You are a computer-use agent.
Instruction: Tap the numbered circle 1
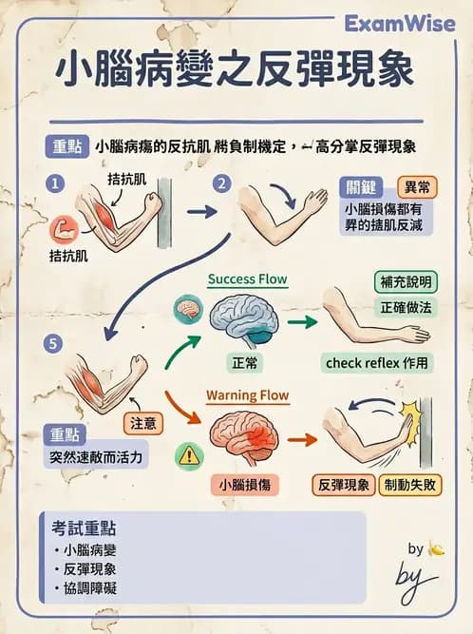pyautogui.click(x=58, y=182)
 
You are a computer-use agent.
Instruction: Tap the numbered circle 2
pyautogui.click(x=222, y=183)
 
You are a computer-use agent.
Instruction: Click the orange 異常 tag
pyautogui.click(x=416, y=186)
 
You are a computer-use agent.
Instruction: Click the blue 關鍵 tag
pyautogui.click(x=365, y=186)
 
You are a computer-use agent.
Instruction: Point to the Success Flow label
pyautogui.click(x=247, y=279)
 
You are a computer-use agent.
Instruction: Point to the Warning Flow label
pyautogui.click(x=247, y=394)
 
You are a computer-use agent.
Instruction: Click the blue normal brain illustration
pyautogui.click(x=242, y=319)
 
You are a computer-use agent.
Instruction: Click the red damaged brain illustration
pyautogui.click(x=244, y=436)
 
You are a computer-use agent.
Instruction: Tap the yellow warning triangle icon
pyautogui.click(x=186, y=457)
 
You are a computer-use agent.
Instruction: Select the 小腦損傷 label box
pyautogui.click(x=245, y=484)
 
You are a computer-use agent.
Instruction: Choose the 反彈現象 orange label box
pyautogui.click(x=344, y=484)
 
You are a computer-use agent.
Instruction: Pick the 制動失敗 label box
pyautogui.click(x=408, y=484)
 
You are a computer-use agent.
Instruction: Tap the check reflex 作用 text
pyautogui.click(x=377, y=362)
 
